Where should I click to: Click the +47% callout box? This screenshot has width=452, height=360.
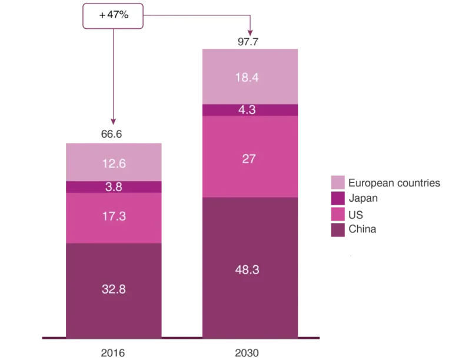point(114,16)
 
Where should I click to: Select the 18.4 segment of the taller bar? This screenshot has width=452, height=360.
point(251,76)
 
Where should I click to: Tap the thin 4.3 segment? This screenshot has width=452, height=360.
point(251,110)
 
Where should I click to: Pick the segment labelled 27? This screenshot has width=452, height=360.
point(251,157)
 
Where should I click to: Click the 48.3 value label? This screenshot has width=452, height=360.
point(247,270)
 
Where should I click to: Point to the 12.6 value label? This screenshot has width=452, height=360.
point(114,164)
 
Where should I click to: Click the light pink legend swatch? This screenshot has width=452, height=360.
point(338,182)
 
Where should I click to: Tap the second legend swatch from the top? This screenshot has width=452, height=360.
point(338,198)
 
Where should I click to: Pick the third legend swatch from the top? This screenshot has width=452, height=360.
point(338,215)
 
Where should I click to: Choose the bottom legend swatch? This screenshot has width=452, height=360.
point(338,231)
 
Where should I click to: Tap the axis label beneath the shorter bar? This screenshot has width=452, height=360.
point(114,353)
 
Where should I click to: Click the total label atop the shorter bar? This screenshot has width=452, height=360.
point(111,135)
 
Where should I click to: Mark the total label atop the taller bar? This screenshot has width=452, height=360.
point(247,42)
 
